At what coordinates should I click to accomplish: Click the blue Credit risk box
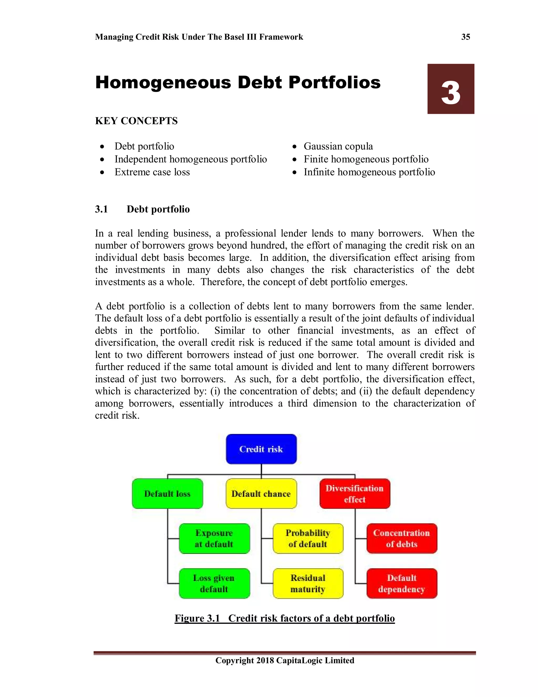[261, 449]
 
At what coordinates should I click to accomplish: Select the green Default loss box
[167, 493]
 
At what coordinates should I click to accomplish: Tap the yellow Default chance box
[261, 493]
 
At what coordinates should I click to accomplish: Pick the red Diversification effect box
[355, 493]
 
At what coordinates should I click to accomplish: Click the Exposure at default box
[214, 538]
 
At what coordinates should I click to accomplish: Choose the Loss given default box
[214, 583]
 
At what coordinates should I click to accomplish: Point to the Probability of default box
[308, 538]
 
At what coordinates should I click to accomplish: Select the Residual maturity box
[308, 583]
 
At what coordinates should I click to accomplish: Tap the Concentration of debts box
[402, 538]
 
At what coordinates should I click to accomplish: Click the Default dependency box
[402, 583]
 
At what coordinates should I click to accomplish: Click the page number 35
[465, 37]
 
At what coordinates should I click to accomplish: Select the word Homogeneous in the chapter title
[163, 83]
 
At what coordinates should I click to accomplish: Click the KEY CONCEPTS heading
[136, 121]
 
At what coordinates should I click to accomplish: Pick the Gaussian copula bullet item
[338, 146]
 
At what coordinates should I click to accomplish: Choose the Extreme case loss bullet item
[152, 172]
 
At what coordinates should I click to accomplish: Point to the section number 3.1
[101, 209]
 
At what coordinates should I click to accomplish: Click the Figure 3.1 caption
[284, 618]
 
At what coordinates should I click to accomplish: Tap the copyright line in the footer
[284, 660]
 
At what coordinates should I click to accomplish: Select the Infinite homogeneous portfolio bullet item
[369, 172]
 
